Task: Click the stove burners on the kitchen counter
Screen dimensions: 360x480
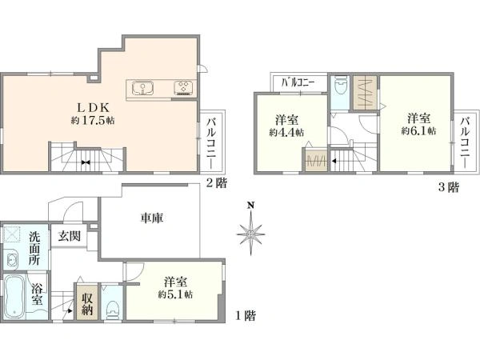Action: tap(182, 86)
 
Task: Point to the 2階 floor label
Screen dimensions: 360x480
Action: tap(215, 183)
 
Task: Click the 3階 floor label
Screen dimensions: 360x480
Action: tap(449, 188)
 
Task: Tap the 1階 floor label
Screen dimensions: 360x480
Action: tap(246, 315)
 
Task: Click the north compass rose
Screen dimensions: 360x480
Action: tap(250, 234)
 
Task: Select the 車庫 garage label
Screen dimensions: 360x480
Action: tap(152, 218)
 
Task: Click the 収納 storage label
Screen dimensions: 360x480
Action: tap(86, 302)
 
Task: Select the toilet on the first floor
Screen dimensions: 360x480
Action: tap(114, 306)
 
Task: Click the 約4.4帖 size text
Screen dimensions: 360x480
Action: tap(286, 132)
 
